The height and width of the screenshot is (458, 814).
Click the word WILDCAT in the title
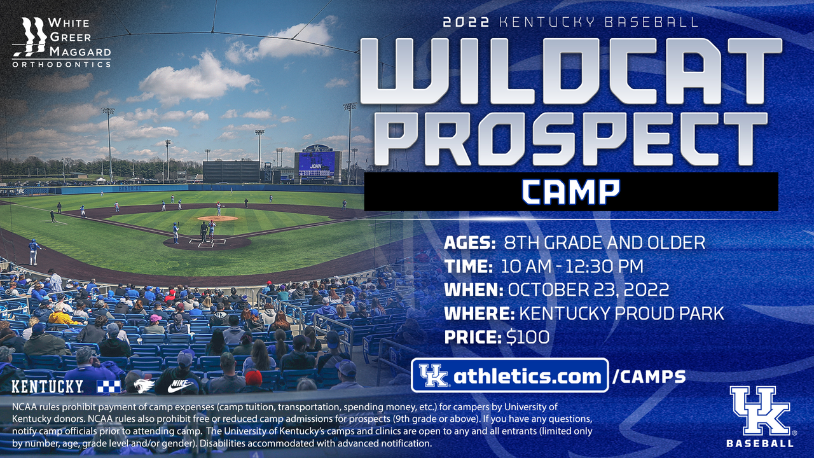570,72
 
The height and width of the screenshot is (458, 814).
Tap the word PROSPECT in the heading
570,141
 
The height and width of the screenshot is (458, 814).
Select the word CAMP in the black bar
570,191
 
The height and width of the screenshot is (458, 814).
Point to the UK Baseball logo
759,416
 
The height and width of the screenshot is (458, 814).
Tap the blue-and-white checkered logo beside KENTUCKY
108,386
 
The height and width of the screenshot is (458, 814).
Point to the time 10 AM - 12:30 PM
572,266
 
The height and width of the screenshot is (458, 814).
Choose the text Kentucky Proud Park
621,314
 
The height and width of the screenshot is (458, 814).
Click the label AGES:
471,242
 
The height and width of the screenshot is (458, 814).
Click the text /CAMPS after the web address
649,377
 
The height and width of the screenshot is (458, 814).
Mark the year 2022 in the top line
466,22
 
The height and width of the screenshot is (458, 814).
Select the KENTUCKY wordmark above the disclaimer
48,386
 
